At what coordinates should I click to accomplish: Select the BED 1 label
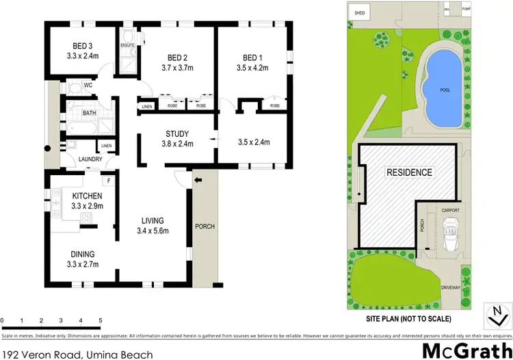pyautogui.click(x=252, y=57)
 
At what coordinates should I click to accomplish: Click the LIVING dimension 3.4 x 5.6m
pyautogui.click(x=153, y=231)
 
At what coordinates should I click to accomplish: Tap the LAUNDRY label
pyautogui.click(x=90, y=160)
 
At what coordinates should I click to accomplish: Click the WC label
pyautogui.click(x=88, y=86)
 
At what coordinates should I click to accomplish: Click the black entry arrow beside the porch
pyautogui.click(x=198, y=181)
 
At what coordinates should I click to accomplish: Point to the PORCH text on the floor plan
pyautogui.click(x=205, y=227)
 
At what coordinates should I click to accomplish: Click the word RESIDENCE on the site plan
pyautogui.click(x=410, y=172)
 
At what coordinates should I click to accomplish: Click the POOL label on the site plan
pyautogui.click(x=445, y=90)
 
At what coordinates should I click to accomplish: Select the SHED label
pyautogui.click(x=359, y=12)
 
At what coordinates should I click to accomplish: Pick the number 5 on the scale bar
pyautogui.click(x=101, y=320)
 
